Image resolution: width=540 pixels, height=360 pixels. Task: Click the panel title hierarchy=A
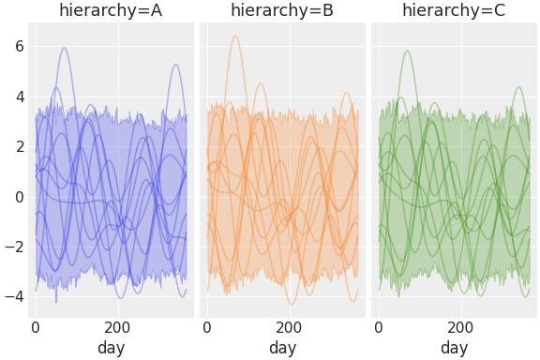click(x=111, y=10)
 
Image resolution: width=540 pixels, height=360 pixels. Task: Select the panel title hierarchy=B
click(x=282, y=10)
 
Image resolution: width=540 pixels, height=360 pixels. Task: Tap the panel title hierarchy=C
click(x=454, y=10)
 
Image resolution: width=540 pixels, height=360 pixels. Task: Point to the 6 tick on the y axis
click(x=19, y=47)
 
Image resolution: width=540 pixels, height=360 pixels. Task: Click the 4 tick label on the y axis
click(x=19, y=97)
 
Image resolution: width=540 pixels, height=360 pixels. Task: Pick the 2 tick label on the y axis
click(x=19, y=147)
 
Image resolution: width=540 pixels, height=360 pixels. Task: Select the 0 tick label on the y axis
click(x=19, y=197)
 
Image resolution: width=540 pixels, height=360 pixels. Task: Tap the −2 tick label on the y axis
click(x=14, y=247)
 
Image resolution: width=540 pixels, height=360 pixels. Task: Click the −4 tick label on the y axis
click(x=14, y=297)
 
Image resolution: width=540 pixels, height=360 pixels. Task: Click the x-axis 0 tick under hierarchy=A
click(x=36, y=328)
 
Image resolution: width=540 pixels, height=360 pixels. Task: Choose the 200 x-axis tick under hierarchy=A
click(x=117, y=328)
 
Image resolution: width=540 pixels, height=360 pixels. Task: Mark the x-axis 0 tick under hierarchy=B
click(x=207, y=328)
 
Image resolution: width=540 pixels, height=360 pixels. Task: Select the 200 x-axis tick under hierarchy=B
click(x=289, y=328)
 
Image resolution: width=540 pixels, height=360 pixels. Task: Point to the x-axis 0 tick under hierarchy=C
click(x=379, y=328)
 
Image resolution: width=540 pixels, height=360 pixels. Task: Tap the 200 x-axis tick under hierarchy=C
click(x=460, y=328)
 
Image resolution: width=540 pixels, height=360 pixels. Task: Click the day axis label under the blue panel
click(x=111, y=348)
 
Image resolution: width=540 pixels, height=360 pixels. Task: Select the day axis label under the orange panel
click(x=282, y=348)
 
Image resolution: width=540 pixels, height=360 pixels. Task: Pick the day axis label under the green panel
click(x=454, y=348)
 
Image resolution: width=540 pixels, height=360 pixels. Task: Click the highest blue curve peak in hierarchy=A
click(x=64, y=48)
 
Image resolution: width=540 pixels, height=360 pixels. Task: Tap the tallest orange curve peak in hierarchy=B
click(x=235, y=37)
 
